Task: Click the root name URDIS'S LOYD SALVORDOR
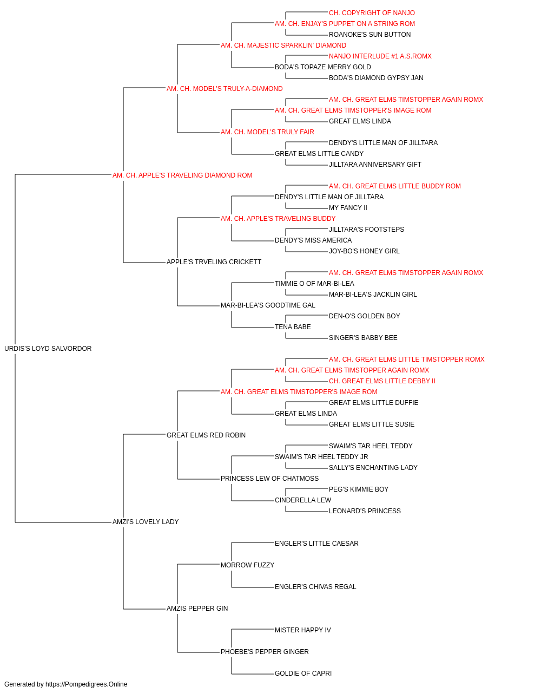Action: pos(48,349)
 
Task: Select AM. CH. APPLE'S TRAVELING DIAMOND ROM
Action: pos(182,175)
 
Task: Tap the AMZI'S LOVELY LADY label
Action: pos(146,522)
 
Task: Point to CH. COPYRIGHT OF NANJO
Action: pos(372,13)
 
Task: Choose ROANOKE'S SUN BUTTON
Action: pos(370,35)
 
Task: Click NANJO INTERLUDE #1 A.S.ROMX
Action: pos(380,56)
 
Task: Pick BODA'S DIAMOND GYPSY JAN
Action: pos(376,78)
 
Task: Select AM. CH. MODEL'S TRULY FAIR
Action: pos(267,132)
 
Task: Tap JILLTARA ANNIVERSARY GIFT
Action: pos(375,165)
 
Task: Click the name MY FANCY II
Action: pos(348,208)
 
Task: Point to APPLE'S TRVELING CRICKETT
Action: pos(214,262)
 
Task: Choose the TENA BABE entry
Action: pos(293,327)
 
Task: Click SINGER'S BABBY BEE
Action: pos(363,338)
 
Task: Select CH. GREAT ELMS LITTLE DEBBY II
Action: pos(382,381)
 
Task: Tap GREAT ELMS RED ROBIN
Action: pos(206,435)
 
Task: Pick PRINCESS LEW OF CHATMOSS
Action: pos(269,479)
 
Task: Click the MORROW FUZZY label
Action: pos(248,565)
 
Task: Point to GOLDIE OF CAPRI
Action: pos(304,673)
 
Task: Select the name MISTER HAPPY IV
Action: pos(303,630)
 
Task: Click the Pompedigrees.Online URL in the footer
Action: pos(87,684)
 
